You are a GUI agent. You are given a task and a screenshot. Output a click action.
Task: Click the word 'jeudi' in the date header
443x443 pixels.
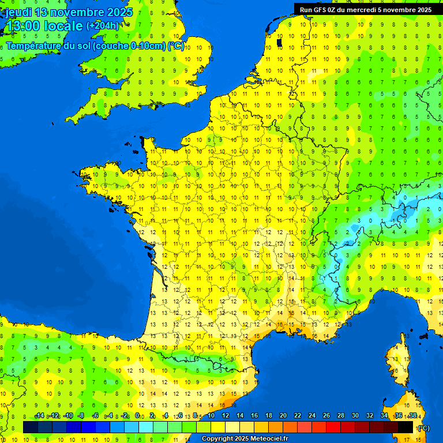point(19,12)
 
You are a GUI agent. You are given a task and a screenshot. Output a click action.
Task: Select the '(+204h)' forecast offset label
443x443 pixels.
point(103,25)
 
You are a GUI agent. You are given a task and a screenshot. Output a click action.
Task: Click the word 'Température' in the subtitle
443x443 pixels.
point(35,46)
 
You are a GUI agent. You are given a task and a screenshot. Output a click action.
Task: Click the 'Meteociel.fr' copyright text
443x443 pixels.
point(265,439)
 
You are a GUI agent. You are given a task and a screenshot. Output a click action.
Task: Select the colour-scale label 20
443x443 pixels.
point(283,416)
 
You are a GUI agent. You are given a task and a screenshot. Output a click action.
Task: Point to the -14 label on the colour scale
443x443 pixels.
point(39,416)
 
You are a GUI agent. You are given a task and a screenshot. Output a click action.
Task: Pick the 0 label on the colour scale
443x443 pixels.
point(138,416)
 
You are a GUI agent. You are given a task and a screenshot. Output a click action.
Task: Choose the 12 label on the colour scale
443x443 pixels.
point(225,416)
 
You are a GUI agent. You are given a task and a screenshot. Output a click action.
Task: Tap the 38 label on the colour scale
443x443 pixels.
point(412,416)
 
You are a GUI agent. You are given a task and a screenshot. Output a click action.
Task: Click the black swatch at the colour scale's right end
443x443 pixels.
point(406,427)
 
